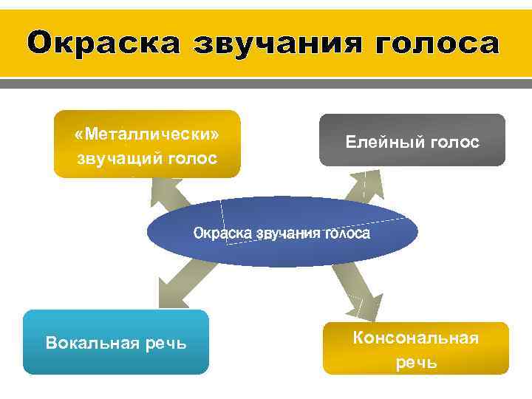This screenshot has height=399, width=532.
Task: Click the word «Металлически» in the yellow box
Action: [x=147, y=135]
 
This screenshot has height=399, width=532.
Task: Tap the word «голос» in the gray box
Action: [x=454, y=142]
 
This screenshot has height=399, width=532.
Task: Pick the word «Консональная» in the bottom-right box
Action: [x=416, y=338]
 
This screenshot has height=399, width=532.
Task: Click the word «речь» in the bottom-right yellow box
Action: [x=416, y=362]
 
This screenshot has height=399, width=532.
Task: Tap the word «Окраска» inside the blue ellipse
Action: [x=222, y=233]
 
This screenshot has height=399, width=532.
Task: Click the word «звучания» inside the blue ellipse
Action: [x=288, y=233]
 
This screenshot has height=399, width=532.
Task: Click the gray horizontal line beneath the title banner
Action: [x=266, y=84]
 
